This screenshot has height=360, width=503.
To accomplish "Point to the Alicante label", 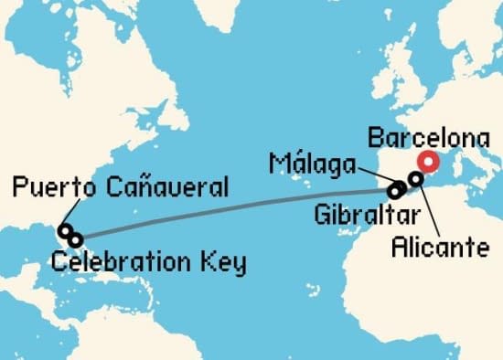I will coord(439,246).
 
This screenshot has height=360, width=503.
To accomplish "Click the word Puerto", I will coord(54,189).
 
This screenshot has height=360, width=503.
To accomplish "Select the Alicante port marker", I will coord(415,179).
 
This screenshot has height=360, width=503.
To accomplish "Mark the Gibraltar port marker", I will coord(395,192).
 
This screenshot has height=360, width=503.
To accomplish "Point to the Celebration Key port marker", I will coord(75,239).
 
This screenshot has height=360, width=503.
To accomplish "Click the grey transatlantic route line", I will coord(229,214).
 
